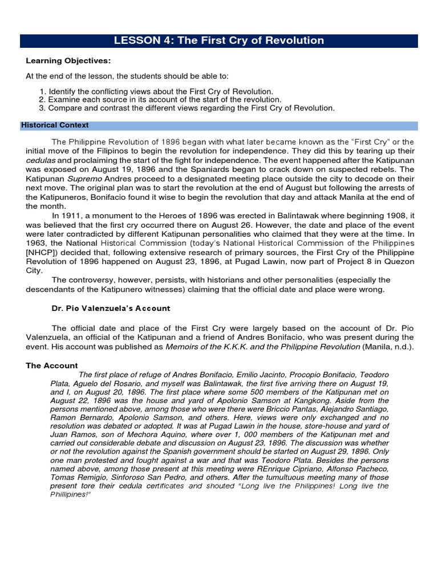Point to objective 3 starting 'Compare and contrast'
pyautogui.click(x=191, y=107)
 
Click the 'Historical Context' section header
pyautogui.click(x=55, y=125)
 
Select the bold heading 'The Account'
pyautogui.click(x=52, y=366)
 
